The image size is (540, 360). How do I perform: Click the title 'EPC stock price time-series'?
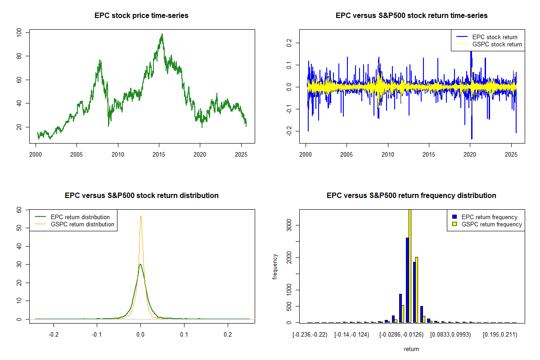click(141, 16)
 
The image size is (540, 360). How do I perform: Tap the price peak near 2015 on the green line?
click(162, 34)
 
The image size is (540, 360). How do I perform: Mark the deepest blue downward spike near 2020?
click(472, 139)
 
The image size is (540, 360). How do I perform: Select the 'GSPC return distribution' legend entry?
click(82, 224)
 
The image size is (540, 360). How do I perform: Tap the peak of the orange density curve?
click(140, 216)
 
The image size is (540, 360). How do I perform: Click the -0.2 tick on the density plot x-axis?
click(54, 335)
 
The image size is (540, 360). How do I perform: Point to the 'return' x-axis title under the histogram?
click(411, 349)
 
